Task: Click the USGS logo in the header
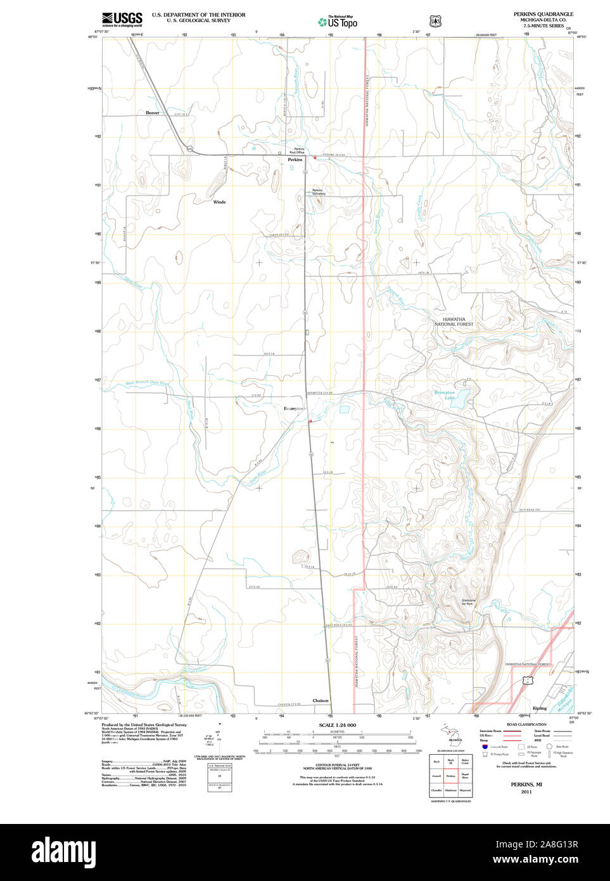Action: [122, 18]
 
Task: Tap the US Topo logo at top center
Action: [338, 22]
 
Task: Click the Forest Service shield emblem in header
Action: [435, 21]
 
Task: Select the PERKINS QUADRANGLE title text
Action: [543, 14]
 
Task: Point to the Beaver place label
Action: [153, 113]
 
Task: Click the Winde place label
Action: [219, 202]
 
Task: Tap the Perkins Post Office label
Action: [297, 151]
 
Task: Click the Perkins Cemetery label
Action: [317, 191]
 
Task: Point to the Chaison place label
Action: [321, 700]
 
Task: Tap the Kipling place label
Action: [539, 708]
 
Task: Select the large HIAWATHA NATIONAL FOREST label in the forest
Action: [454, 321]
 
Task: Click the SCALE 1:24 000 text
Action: [337, 725]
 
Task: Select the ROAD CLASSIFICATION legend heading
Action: [526, 724]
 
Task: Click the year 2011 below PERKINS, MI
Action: [526, 792]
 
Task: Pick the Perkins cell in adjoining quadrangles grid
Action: [451, 776]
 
